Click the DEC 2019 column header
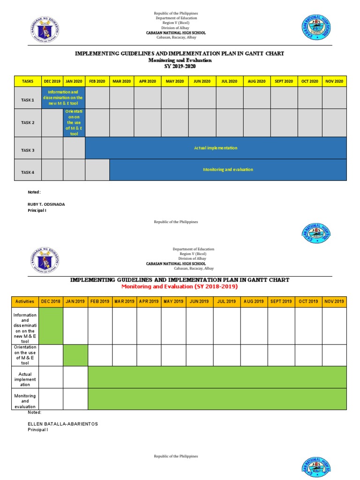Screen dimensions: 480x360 pyautogui.click(x=52, y=81)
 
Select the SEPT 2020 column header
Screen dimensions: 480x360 pyautogui.click(x=284, y=81)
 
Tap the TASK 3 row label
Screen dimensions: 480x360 pyautogui.click(x=28, y=150)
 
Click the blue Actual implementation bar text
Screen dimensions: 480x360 pyautogui.click(x=216, y=148)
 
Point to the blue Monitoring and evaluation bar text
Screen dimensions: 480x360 pyautogui.click(x=228, y=170)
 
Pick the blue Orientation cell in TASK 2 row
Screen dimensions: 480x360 pyautogui.click(x=74, y=123)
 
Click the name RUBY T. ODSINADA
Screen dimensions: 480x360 pyautogui.click(x=47, y=204)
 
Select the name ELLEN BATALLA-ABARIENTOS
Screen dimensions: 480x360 pyautogui.click(x=63, y=424)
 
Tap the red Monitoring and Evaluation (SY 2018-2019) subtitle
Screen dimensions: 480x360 pyautogui.click(x=180, y=286)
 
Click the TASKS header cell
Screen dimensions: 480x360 pyautogui.click(x=28, y=81)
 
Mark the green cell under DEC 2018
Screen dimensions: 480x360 pyautogui.click(x=51, y=326)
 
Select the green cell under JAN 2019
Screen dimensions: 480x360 pyautogui.click(x=75, y=355)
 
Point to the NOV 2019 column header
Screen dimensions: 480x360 pyautogui.click(x=334, y=301)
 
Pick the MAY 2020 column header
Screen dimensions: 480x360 pyautogui.click(x=175, y=81)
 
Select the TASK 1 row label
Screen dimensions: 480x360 pyautogui.click(x=28, y=100)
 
